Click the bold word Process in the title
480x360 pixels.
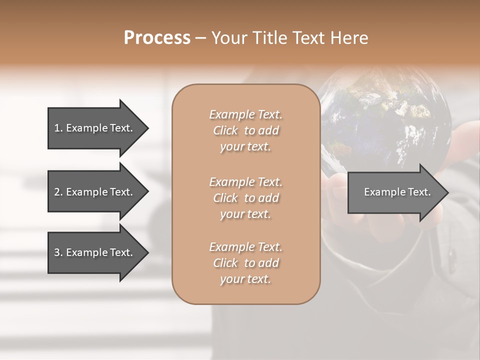click(157, 38)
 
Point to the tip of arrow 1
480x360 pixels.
click(147, 128)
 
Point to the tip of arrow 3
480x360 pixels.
click(147, 252)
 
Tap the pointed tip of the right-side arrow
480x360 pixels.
click(447, 192)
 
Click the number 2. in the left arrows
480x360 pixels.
click(58, 192)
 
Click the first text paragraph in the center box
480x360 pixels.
click(245, 130)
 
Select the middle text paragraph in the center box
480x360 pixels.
click(245, 197)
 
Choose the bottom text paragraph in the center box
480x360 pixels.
click(245, 263)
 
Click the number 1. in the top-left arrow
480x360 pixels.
click(58, 128)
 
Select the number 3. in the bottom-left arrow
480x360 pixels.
click(58, 252)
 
